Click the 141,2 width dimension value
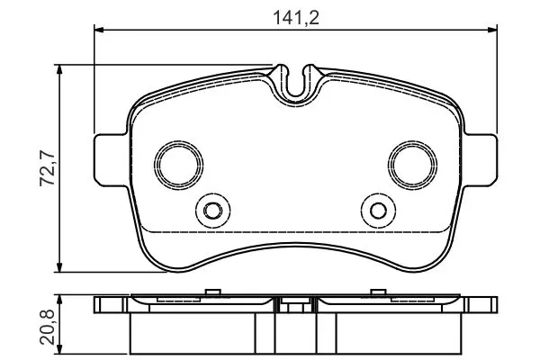(x=296, y=18)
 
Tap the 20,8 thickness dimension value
(x=48, y=327)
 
